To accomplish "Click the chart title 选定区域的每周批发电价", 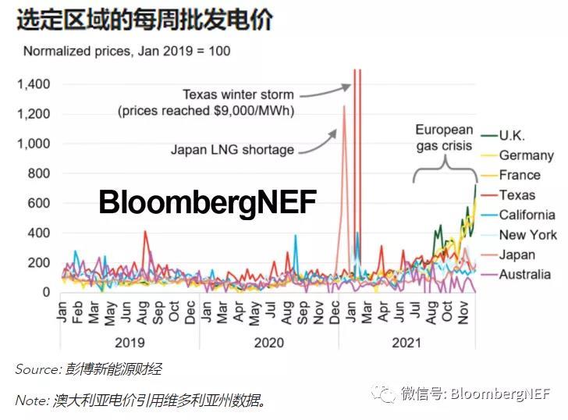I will pos(144,20).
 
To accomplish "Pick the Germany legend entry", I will pos(526,155).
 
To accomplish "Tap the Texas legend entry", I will pos(517,195).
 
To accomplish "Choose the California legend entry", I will pos(527,215).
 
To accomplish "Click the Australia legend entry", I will pos(524,274).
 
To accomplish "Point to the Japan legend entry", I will pos(517,254).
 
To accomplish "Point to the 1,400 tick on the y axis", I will pos(34,84).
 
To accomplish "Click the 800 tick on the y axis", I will pos(39,173).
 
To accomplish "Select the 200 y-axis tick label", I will pos(39,262).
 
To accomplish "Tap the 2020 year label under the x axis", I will pos(268,342).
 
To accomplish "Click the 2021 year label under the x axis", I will pos(406,342).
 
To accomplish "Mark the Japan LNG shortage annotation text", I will pos(232,150).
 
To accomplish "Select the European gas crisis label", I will pos(443,137).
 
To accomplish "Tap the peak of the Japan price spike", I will pos(343,106).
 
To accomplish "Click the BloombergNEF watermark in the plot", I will pos(208,203).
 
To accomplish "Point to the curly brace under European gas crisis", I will pos(445,166).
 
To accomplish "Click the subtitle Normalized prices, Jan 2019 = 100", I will pos(126,52).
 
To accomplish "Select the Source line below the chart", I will pos(88,369).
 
